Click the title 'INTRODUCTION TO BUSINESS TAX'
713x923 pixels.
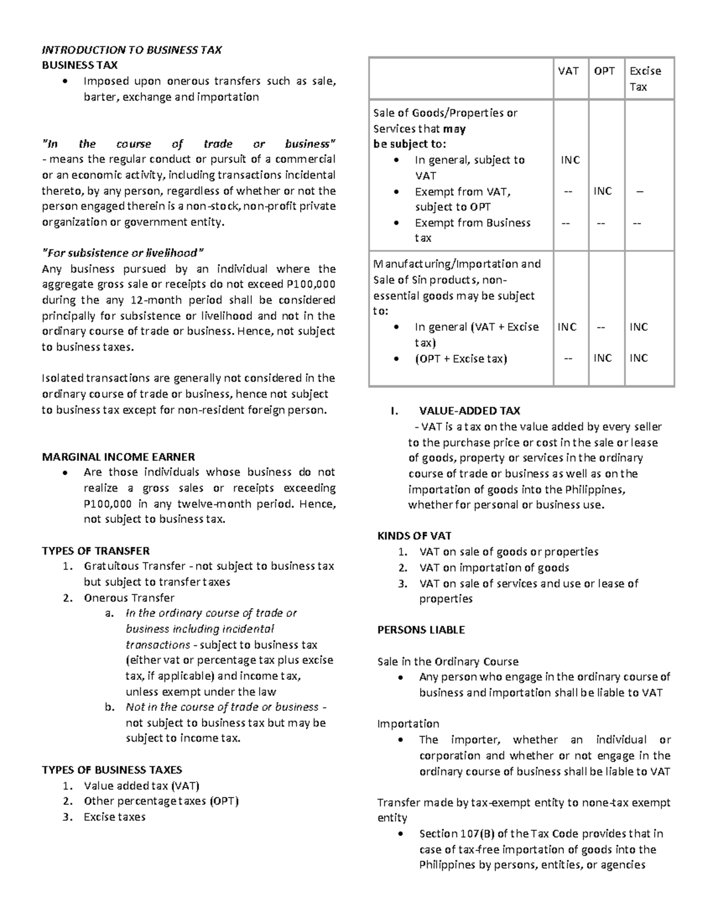[x=131, y=50]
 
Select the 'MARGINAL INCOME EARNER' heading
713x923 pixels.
[x=118, y=456]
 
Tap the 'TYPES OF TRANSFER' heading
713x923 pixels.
[x=95, y=550]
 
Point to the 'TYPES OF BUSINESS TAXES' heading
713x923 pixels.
[x=112, y=769]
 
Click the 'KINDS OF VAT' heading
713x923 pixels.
[x=414, y=535]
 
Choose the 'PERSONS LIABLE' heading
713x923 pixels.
[x=421, y=629]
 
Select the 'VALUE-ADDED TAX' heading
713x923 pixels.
[x=469, y=410]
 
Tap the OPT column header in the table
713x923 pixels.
[x=604, y=71]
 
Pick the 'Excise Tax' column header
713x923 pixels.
[x=645, y=78]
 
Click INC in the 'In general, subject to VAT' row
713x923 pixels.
[x=570, y=160]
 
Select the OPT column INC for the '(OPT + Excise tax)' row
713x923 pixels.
[x=602, y=358]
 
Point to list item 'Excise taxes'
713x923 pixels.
[x=114, y=817]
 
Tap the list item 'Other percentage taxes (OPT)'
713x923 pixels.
[x=161, y=801]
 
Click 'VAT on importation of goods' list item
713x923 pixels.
[x=494, y=567]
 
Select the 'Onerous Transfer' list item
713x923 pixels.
[x=129, y=597]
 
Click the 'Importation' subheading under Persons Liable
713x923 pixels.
[x=408, y=723]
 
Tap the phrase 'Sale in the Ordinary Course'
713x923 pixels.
[x=448, y=661]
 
